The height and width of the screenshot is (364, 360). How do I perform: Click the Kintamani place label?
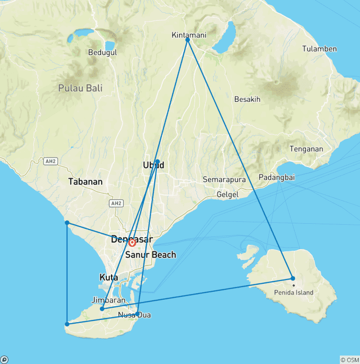[x=189, y=35]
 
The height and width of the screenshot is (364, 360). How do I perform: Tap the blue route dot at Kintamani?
[x=187, y=40]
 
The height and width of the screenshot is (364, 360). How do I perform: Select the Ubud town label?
[x=153, y=165]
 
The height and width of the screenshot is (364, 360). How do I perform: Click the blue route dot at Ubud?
[x=157, y=161]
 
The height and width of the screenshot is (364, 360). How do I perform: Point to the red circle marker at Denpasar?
[x=132, y=243]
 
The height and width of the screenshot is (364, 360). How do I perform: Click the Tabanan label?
[x=85, y=182]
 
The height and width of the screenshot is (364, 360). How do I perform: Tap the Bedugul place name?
[x=102, y=53]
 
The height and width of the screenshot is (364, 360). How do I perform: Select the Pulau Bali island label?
[x=81, y=88]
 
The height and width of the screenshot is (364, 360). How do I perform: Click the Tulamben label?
[x=319, y=49]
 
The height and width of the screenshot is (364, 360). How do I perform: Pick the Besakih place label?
[x=247, y=99]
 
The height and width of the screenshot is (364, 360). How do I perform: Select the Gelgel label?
[x=228, y=195]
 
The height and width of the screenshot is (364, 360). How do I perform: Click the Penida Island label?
[x=294, y=293]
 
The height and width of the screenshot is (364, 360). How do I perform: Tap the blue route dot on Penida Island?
[x=293, y=278]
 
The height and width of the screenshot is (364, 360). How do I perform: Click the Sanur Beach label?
[x=151, y=255]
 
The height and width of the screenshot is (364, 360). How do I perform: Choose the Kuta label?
[x=108, y=277]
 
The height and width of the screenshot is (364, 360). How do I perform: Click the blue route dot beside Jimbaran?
[x=102, y=309]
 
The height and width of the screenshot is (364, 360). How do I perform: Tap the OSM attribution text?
[x=350, y=360]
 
